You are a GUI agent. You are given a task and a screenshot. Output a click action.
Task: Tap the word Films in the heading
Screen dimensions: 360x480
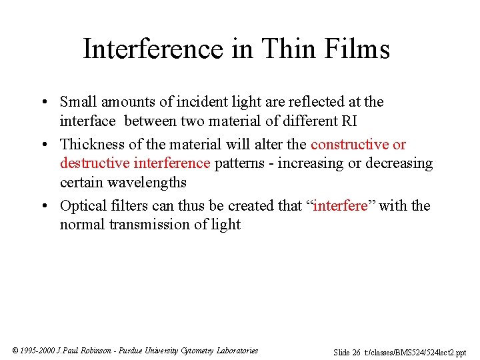pos(355,49)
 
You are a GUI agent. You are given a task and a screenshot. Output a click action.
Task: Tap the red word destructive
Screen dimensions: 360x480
pos(94,163)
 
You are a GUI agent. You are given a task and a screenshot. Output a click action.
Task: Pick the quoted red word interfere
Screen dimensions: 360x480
pos(340,206)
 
